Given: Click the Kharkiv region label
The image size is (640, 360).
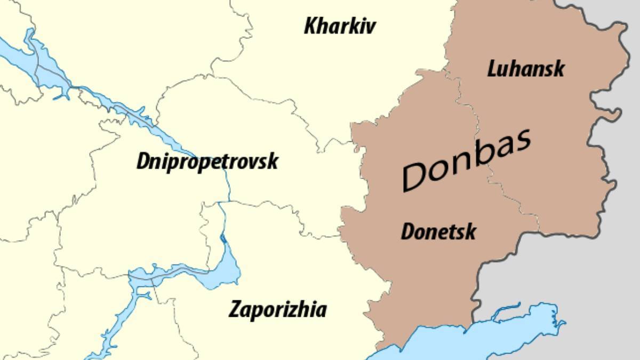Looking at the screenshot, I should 340,26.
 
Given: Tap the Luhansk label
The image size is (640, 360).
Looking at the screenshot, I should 525,69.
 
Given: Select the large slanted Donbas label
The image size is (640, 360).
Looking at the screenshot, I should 467,160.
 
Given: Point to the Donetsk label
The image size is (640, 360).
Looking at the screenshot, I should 438,232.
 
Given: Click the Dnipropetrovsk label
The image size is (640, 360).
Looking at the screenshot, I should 207,161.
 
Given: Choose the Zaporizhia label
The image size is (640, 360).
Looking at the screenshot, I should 277,309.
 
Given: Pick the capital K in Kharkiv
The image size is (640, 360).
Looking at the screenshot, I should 311,26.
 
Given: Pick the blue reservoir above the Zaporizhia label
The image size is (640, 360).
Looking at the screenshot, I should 227,269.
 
